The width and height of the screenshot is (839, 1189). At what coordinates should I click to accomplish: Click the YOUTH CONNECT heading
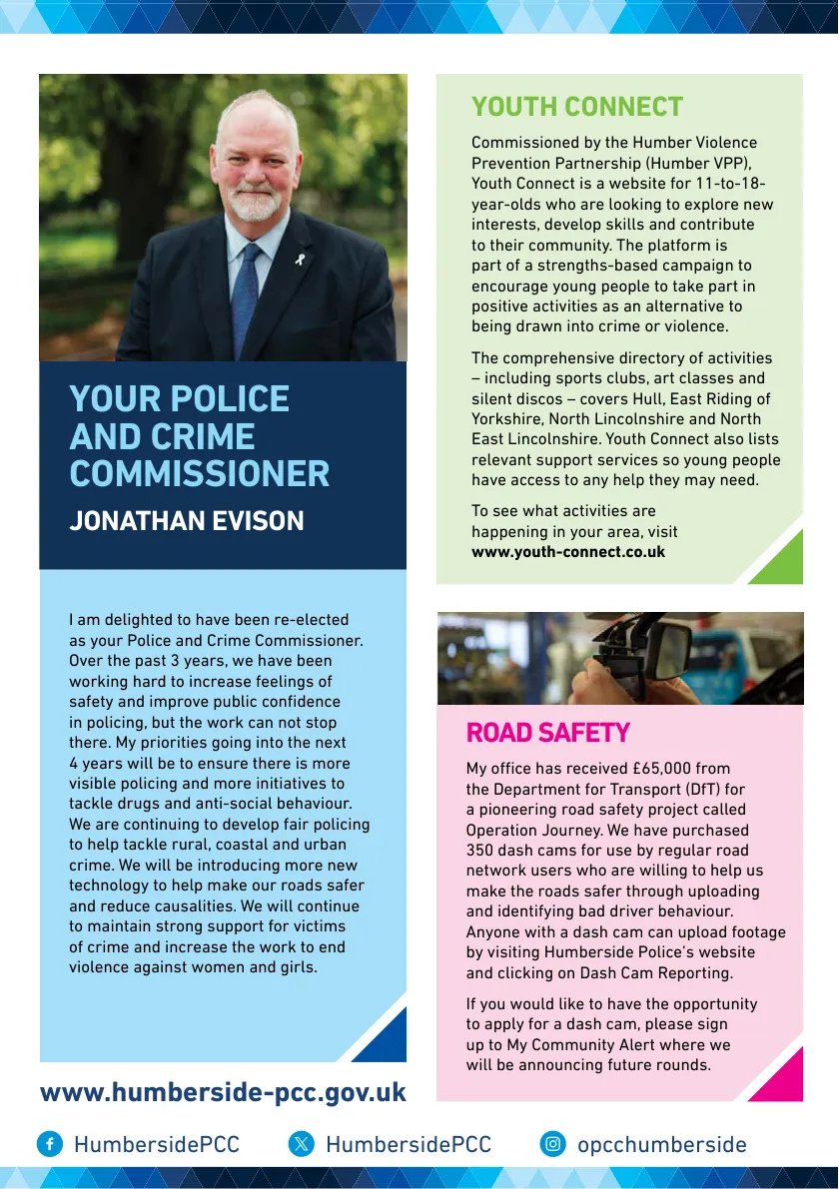click(x=576, y=107)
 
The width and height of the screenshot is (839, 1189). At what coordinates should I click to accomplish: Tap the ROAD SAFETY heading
click(x=547, y=733)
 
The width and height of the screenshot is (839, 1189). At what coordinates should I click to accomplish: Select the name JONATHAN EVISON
click(x=186, y=521)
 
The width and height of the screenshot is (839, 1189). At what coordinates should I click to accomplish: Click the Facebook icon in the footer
click(x=50, y=1144)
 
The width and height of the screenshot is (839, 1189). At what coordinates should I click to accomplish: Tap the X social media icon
click(x=301, y=1144)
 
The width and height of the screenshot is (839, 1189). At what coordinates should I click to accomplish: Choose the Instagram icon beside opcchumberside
click(x=552, y=1144)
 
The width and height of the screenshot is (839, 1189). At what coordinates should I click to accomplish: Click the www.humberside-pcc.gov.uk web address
click(x=223, y=1092)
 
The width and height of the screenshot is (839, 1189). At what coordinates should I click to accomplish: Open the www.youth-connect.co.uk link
click(x=567, y=552)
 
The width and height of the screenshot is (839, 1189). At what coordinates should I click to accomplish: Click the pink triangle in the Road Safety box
click(x=782, y=1078)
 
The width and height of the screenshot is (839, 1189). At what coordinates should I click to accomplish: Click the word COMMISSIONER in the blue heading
click(x=199, y=474)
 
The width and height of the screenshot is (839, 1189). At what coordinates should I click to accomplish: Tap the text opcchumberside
click(x=661, y=1144)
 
